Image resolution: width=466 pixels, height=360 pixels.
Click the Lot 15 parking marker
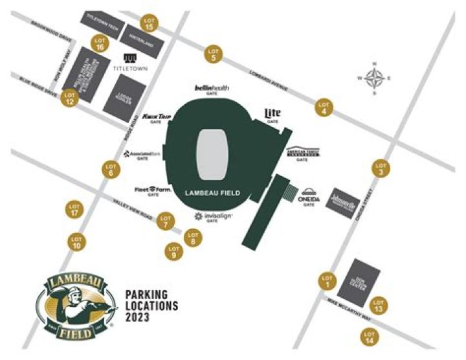click(x=150, y=23)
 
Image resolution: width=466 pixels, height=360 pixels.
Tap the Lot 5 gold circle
click(x=214, y=55)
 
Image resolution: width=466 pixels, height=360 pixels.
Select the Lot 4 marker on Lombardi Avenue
click(x=324, y=107)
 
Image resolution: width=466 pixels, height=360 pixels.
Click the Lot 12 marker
click(x=69, y=98)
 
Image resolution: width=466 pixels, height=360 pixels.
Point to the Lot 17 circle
click(x=76, y=210)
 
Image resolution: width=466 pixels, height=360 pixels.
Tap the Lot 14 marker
click(x=370, y=337)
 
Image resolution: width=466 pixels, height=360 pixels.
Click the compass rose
click(x=374, y=78)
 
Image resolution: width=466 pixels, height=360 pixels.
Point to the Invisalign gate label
click(x=213, y=218)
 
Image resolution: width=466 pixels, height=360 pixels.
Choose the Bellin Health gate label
click(x=212, y=89)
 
